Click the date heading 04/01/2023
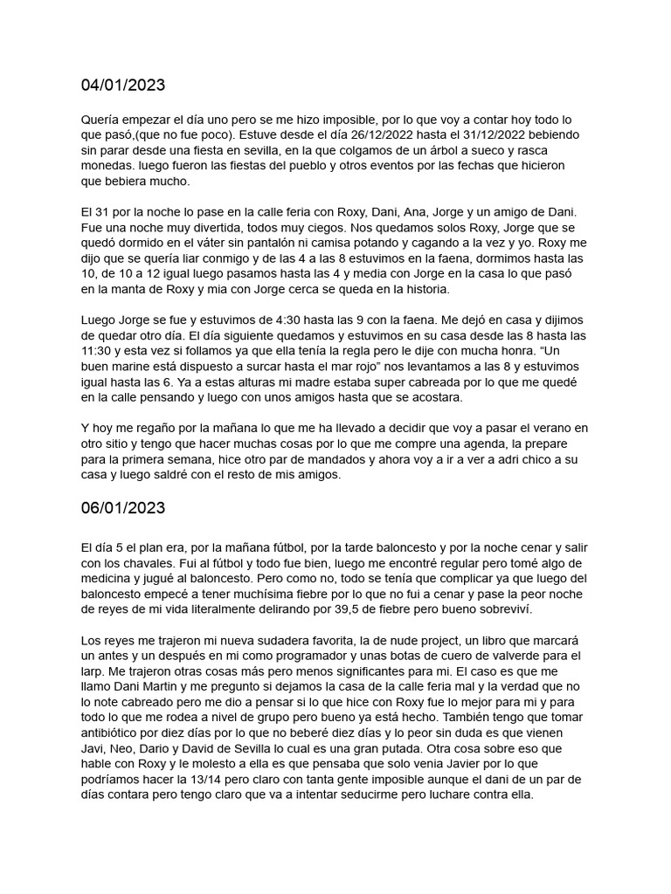pyautogui.click(x=122, y=86)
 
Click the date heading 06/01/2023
pyautogui.click(x=122, y=508)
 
